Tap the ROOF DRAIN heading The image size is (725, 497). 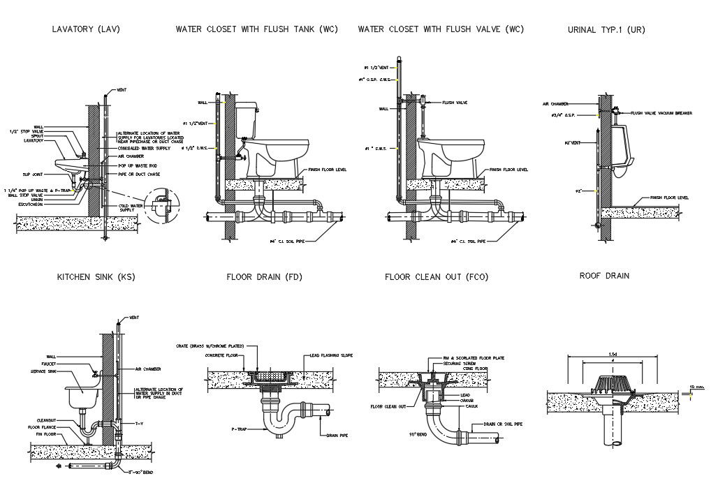tap(604, 276)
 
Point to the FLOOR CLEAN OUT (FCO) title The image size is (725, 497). tap(437, 277)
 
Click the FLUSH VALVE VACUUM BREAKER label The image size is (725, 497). tap(661, 112)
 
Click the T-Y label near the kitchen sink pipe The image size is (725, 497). tap(139, 423)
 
